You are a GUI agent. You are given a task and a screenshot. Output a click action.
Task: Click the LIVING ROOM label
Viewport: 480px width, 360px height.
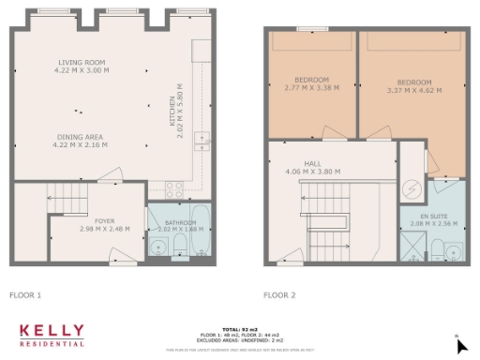point(80,63)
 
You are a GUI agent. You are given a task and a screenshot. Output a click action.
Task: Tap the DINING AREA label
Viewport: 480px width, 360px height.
point(80,137)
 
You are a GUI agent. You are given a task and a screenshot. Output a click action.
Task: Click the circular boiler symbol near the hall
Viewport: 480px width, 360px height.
point(410,187)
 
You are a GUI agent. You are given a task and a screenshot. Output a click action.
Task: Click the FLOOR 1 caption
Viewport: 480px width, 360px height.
point(25,295)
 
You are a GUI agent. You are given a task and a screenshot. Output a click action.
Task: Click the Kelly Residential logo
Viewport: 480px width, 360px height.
point(52,335)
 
